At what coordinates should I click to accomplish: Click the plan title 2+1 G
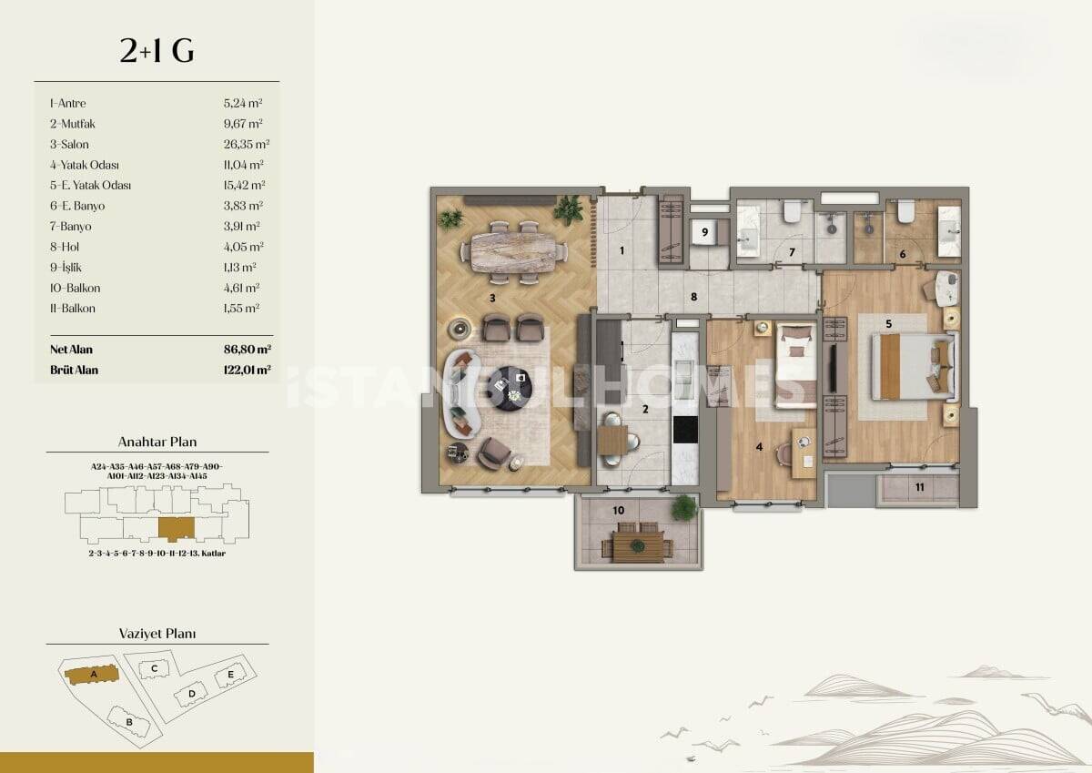[157, 52]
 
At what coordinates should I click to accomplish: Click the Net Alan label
[71, 350]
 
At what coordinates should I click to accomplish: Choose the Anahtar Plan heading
[157, 442]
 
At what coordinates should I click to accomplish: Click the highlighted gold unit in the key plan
[176, 527]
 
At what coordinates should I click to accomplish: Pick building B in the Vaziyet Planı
[130, 722]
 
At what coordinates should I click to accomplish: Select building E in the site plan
[231, 675]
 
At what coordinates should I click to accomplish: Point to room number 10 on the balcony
[619, 511]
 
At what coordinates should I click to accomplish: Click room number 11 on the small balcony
[920, 487]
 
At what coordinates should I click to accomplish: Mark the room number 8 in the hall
[693, 296]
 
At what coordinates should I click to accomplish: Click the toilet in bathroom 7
[791, 211]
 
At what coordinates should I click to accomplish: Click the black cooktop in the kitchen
[684, 428]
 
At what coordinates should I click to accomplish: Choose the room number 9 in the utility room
[705, 232]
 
